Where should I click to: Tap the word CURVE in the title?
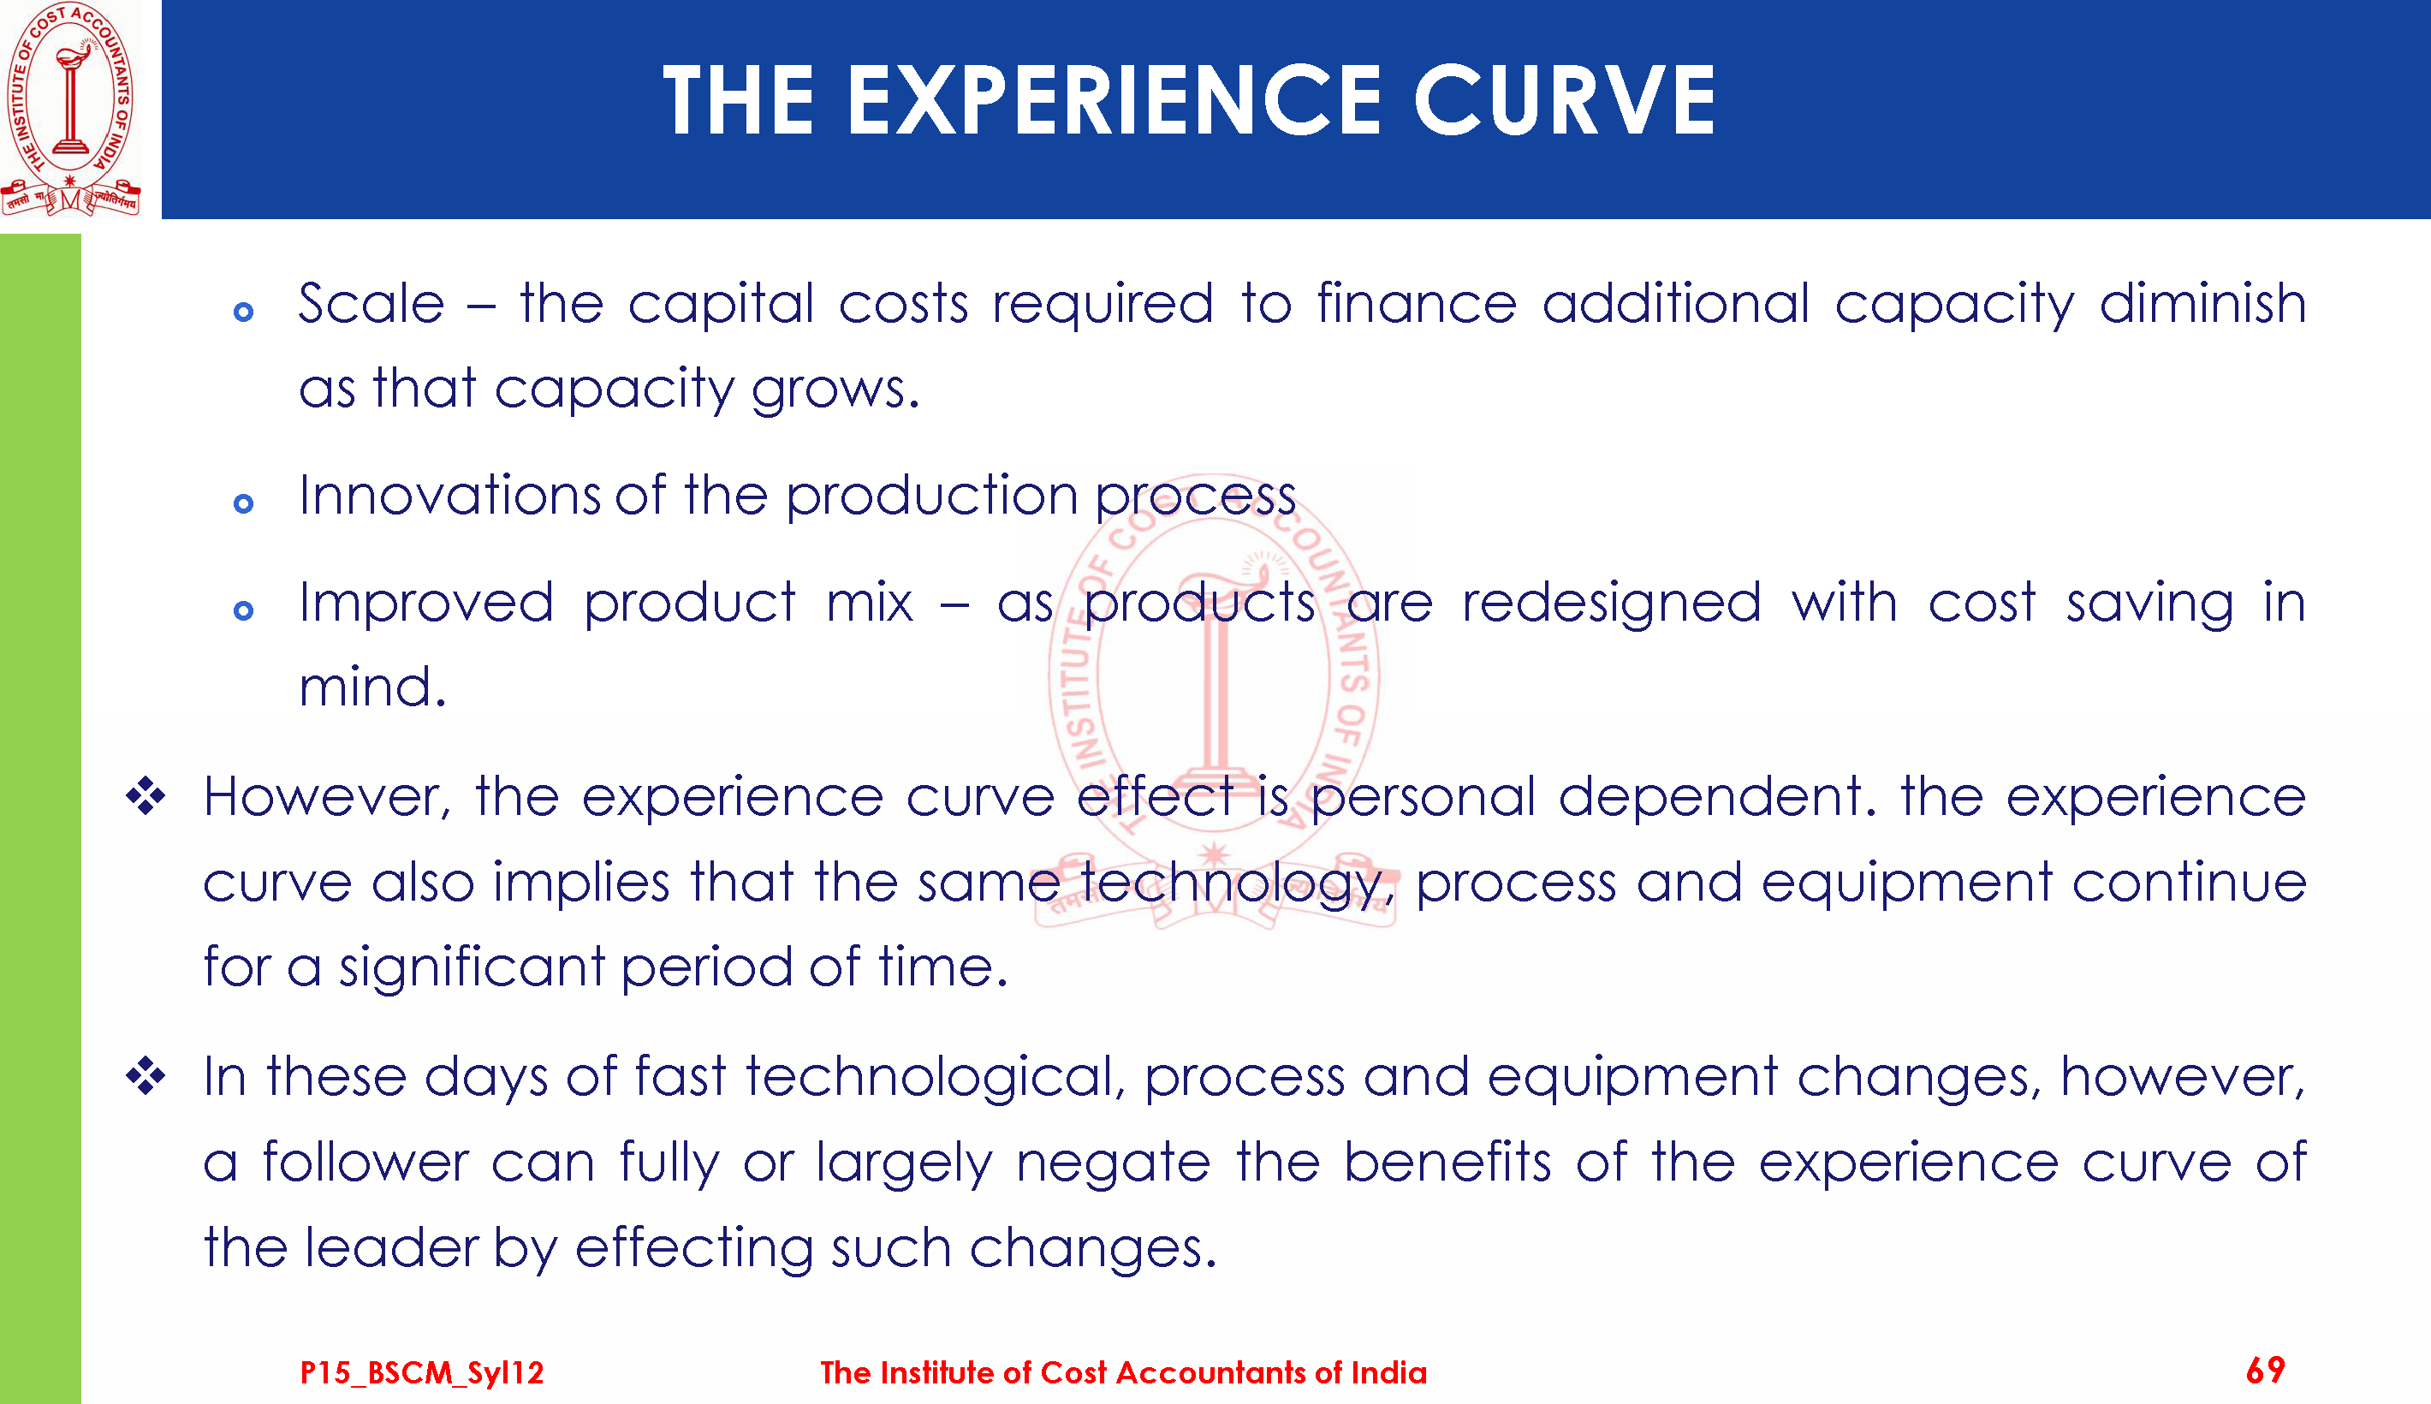(x=1565, y=100)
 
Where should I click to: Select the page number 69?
(x=2265, y=1371)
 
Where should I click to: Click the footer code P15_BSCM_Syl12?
(x=422, y=1372)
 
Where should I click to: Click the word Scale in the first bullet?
(x=371, y=304)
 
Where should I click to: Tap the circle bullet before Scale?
(x=244, y=312)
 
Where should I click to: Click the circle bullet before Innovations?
(x=244, y=503)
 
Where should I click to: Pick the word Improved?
(x=426, y=604)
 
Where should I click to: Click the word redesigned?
(x=1612, y=604)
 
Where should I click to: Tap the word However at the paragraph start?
(x=327, y=799)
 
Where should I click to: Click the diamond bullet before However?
(x=146, y=796)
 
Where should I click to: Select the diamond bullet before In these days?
(x=146, y=1076)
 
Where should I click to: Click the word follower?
(x=365, y=1162)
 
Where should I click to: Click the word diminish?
(x=2202, y=304)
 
